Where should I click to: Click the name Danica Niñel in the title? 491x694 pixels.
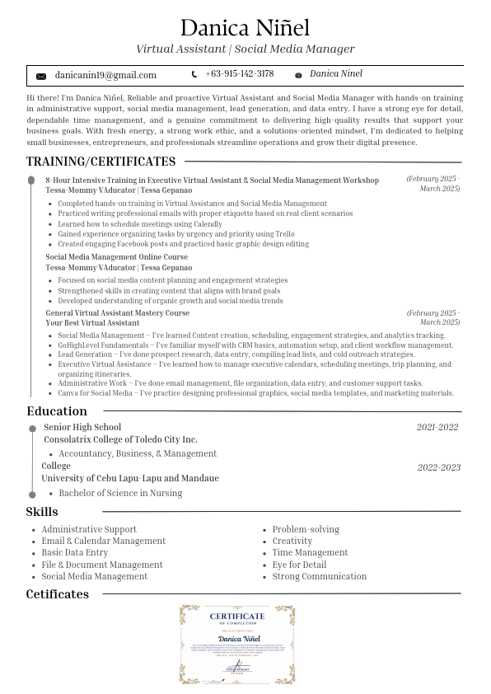point(245,28)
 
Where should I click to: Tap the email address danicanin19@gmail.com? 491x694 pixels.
point(105,75)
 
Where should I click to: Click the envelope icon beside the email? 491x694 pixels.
point(41,76)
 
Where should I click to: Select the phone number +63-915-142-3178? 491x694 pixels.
point(240,74)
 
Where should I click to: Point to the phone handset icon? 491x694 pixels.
point(194,75)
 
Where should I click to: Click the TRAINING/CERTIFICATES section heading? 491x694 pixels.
point(101,162)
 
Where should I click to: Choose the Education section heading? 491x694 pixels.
point(57,411)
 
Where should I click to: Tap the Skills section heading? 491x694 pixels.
point(42,513)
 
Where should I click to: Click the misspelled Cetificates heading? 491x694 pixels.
point(57,594)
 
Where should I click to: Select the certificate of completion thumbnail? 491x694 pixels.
point(237,645)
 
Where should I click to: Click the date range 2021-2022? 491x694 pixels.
point(437,427)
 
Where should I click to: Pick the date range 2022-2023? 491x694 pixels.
point(438,467)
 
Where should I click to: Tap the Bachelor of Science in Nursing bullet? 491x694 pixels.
point(120,493)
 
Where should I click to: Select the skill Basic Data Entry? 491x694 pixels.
point(75,552)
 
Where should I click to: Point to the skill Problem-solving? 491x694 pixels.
point(306,529)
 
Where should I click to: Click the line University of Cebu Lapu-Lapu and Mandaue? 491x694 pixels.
point(130,478)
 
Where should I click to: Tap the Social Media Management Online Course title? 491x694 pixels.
point(117,257)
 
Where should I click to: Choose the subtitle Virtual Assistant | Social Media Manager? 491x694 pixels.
point(245,49)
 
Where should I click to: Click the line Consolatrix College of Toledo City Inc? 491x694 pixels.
point(121,439)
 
